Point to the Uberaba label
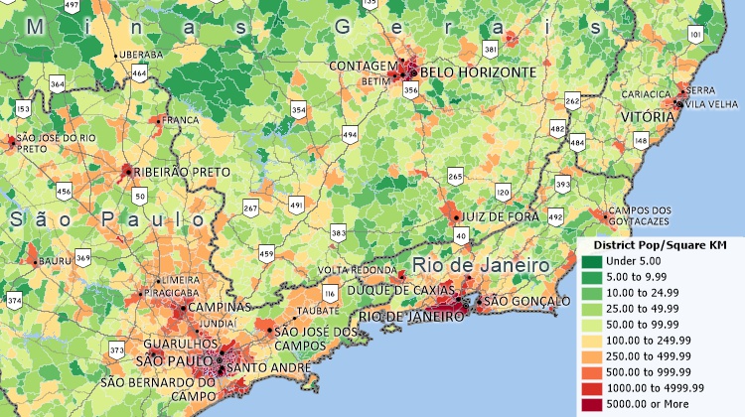pyautogui.click(x=139, y=55)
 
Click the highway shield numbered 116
pyautogui.click(x=330, y=294)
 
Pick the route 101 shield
pyautogui.click(x=695, y=36)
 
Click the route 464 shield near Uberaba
pyautogui.click(x=140, y=73)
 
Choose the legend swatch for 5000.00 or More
pyautogui.click(x=591, y=405)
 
